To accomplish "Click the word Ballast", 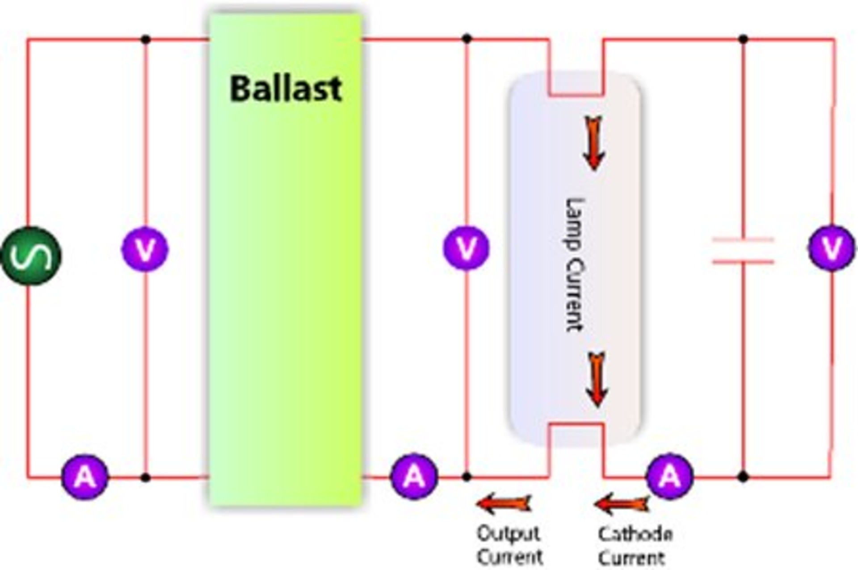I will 286,88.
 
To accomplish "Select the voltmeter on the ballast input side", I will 145,249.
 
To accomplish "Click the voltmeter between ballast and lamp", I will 466,248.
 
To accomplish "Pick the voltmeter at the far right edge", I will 832,248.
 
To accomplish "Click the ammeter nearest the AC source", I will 85,477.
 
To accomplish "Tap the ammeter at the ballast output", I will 414,476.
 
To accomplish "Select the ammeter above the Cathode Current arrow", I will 669,476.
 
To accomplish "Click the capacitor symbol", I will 743,250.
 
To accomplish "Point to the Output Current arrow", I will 504,503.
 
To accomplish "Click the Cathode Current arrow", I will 622,504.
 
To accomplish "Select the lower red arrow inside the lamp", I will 597,379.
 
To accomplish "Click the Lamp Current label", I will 575,265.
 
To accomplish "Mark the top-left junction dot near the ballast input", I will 145,39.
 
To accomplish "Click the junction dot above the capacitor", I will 743,39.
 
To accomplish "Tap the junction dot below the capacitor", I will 743,477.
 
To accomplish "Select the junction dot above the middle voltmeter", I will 467,39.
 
